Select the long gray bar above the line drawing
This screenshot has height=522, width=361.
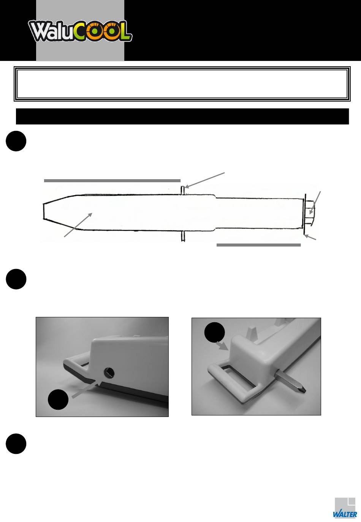click(x=112, y=181)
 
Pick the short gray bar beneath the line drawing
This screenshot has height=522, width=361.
click(x=258, y=245)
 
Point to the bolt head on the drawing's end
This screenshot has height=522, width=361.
click(x=310, y=212)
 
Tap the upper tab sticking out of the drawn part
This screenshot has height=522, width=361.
click(x=183, y=190)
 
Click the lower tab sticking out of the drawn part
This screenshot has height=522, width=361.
click(x=183, y=236)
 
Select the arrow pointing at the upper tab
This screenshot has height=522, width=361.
click(x=205, y=180)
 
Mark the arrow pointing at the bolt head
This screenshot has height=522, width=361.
click(x=315, y=203)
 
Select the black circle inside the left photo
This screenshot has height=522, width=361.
click(x=58, y=399)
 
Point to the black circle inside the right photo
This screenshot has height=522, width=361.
click(x=215, y=332)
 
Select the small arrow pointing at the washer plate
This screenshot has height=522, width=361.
click(x=310, y=237)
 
